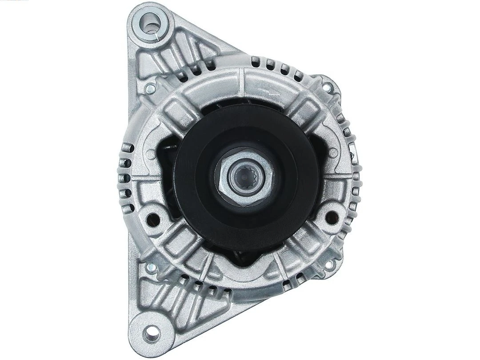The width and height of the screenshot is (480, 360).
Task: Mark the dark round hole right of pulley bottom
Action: [331, 216]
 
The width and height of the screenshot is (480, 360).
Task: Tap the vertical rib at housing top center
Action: [240, 83]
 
